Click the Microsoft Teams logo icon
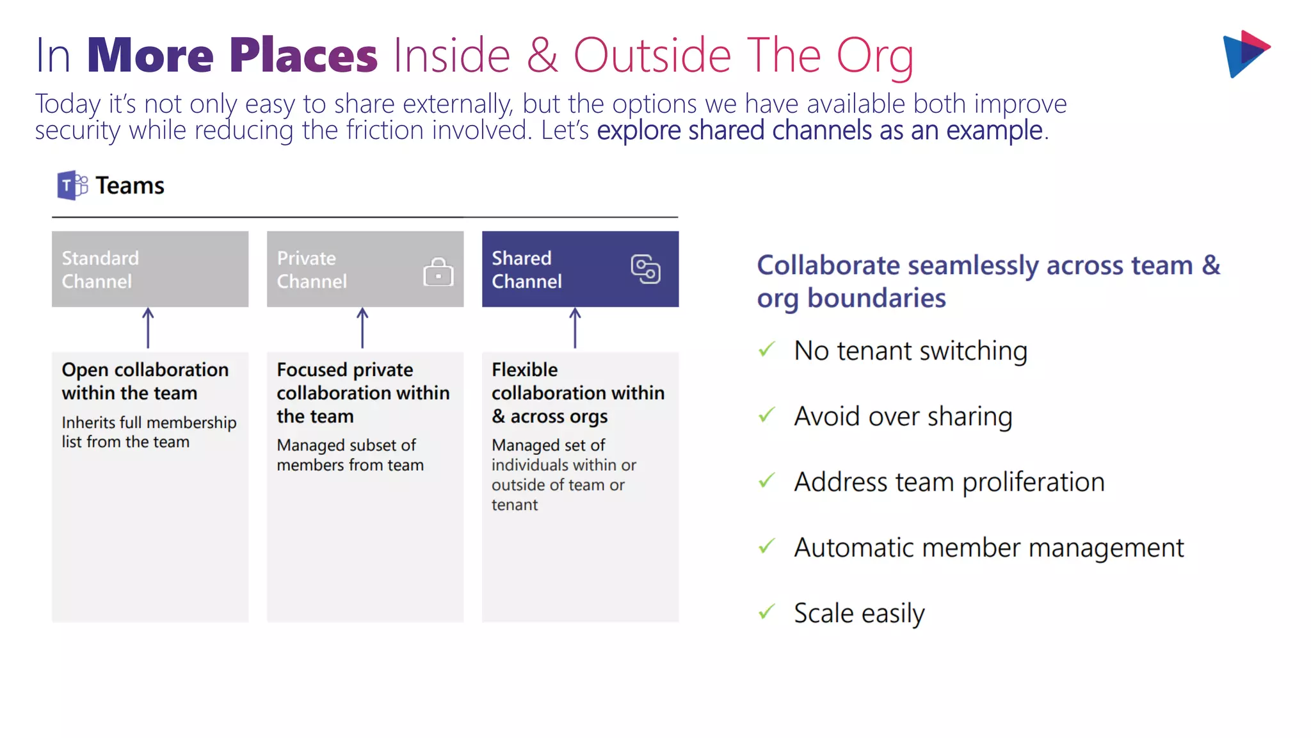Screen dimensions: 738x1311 pos(72,185)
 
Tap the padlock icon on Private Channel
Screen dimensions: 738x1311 pos(438,272)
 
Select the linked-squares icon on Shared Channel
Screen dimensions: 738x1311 pos(645,269)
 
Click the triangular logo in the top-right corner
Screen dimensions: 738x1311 pos(1245,54)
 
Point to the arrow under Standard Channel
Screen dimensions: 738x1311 pos(148,328)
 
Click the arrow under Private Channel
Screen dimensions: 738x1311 pos(362,328)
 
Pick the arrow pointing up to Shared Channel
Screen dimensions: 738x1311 pos(575,328)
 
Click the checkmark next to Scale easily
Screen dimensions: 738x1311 pos(767,612)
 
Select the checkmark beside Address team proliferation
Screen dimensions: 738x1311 pos(767,480)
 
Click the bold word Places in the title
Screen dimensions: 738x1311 pos(303,56)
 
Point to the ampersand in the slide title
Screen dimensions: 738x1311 pos(542,56)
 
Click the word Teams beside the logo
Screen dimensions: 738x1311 pos(130,186)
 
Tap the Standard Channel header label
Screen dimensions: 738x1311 pos(100,270)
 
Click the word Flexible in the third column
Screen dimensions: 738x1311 pos(524,370)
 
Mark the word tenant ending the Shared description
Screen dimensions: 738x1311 pos(515,505)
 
